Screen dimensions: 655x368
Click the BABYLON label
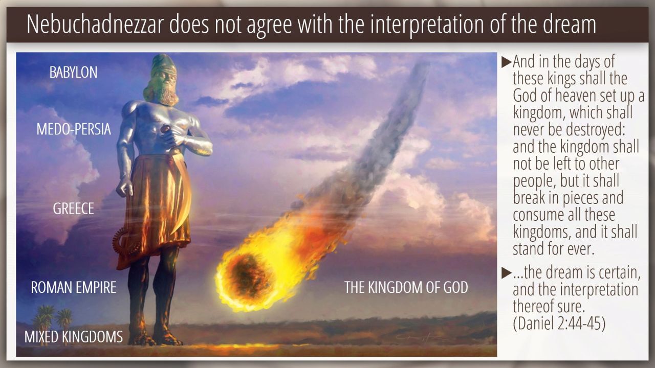click(x=73, y=72)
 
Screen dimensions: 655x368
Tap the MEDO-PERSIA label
click(x=74, y=129)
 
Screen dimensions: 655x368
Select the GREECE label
click(x=73, y=209)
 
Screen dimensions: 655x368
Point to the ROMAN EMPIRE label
click(x=73, y=287)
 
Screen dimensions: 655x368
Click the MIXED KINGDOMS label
click(x=74, y=337)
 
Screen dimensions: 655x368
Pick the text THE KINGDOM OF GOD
click(x=406, y=287)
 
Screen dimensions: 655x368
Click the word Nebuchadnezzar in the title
click(x=95, y=25)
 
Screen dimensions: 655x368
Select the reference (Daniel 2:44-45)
click(x=559, y=323)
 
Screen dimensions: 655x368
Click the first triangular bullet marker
click(x=507, y=62)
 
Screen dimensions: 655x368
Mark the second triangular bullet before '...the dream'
click(x=507, y=272)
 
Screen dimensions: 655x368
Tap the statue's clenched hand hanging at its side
click(x=125, y=187)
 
